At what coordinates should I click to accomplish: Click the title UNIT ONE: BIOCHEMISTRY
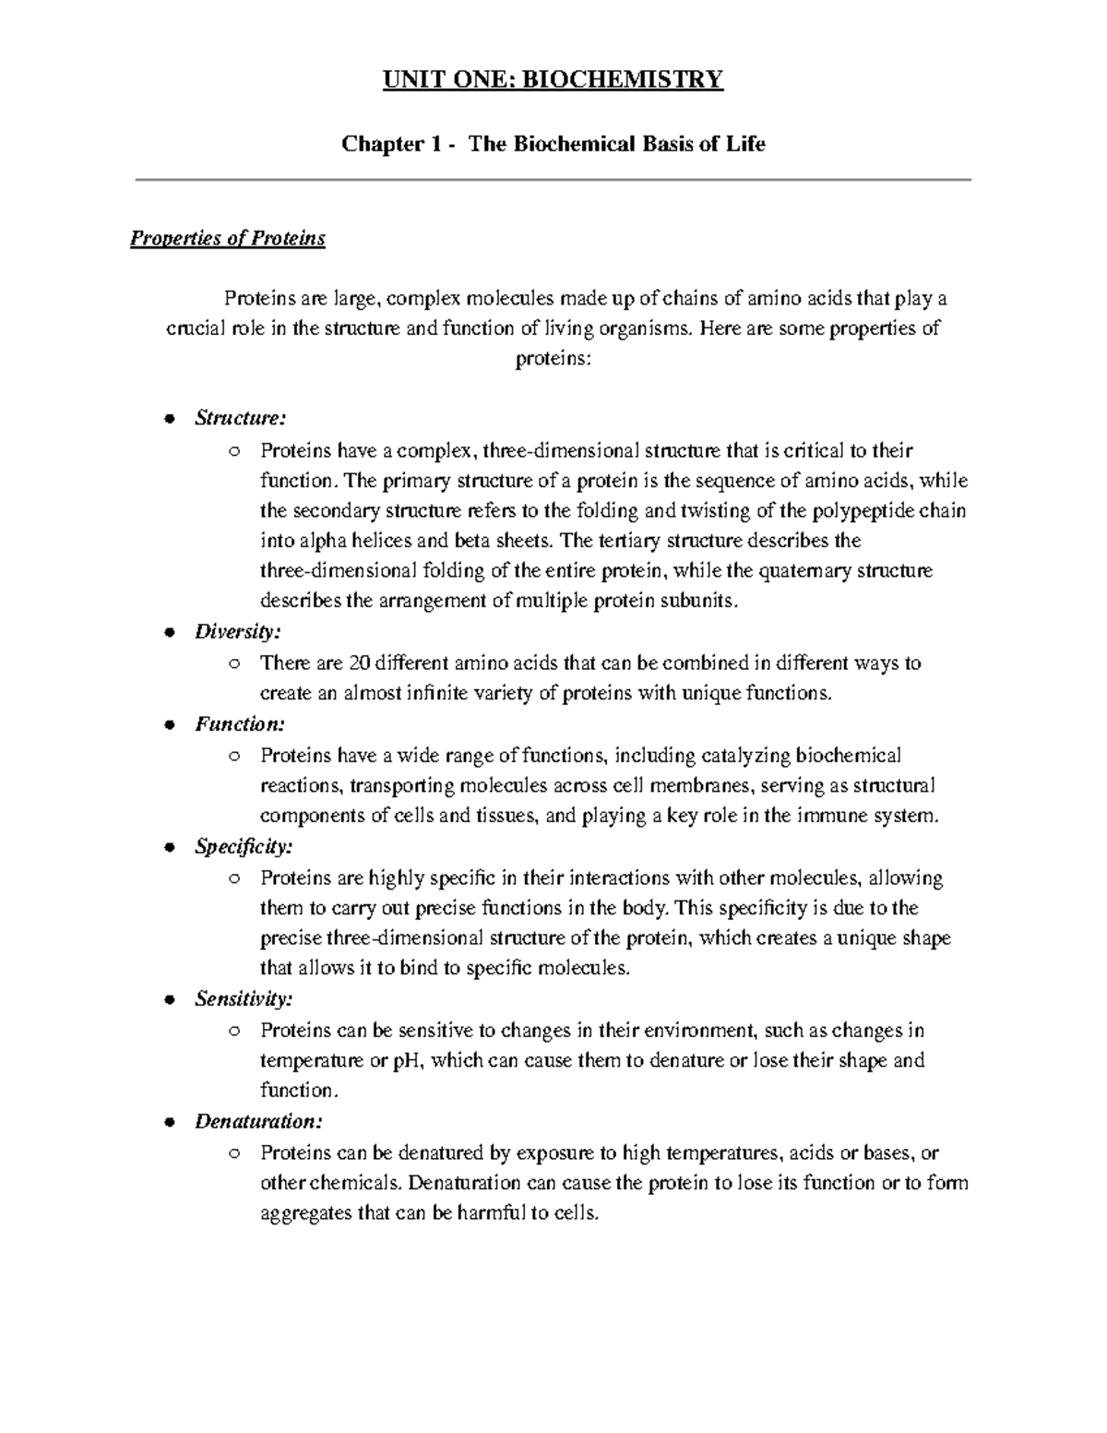tap(553, 79)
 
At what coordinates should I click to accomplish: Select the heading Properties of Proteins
tap(228, 239)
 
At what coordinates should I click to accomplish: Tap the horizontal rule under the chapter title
tap(553, 180)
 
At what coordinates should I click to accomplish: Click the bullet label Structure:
tap(240, 418)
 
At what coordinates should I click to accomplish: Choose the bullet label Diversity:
tap(237, 632)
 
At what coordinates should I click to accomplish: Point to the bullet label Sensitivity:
tap(244, 998)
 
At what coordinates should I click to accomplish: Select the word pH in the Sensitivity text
tap(407, 1060)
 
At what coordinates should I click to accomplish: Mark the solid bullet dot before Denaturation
tap(168, 1122)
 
